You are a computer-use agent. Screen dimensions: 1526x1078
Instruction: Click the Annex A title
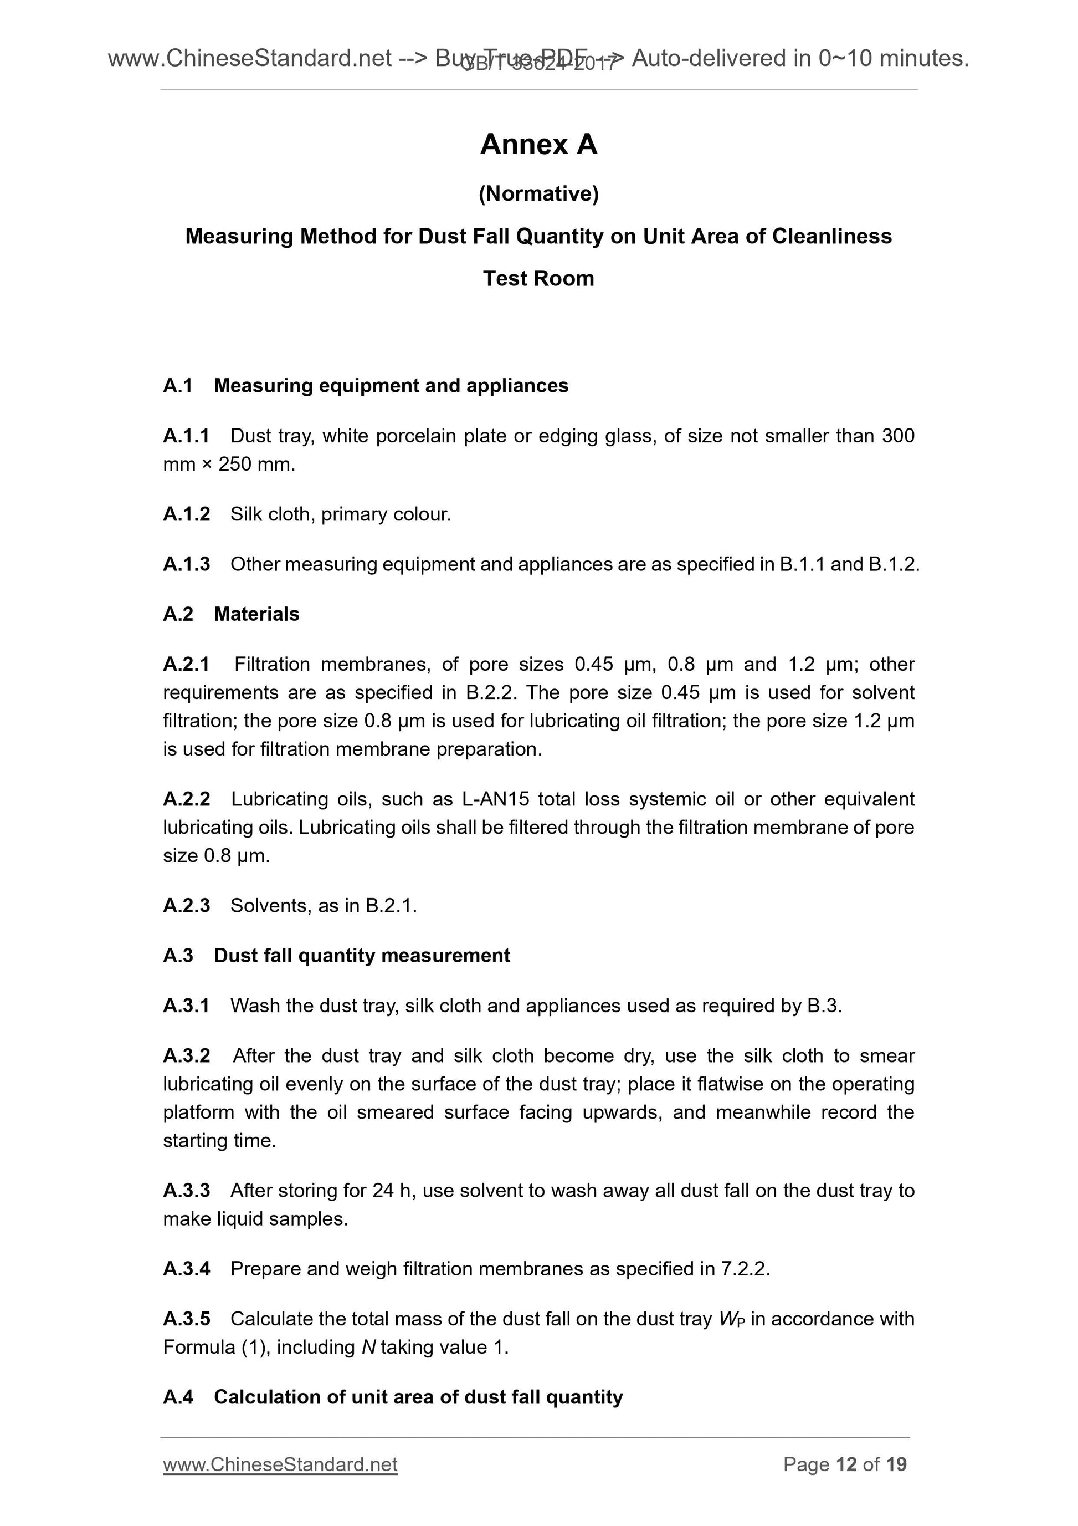(x=538, y=144)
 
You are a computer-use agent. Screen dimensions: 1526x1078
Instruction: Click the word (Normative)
(x=538, y=193)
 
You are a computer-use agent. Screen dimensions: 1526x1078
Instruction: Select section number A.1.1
(x=186, y=436)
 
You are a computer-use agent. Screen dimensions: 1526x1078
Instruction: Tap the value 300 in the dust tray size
(x=897, y=436)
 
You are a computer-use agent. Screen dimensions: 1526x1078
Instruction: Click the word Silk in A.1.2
(x=246, y=514)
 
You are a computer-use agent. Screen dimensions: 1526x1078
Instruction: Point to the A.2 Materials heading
(x=231, y=614)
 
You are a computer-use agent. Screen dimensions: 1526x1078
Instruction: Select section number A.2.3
(x=186, y=905)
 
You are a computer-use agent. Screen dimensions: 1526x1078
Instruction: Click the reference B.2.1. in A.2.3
(x=391, y=905)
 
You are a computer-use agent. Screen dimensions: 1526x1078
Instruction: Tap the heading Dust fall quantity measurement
(x=361, y=955)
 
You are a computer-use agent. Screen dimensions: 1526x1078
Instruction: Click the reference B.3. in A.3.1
(x=824, y=1006)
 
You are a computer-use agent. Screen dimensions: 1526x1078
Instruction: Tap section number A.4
(x=178, y=1397)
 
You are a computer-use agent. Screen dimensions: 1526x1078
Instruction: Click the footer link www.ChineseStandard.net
(x=280, y=1464)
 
